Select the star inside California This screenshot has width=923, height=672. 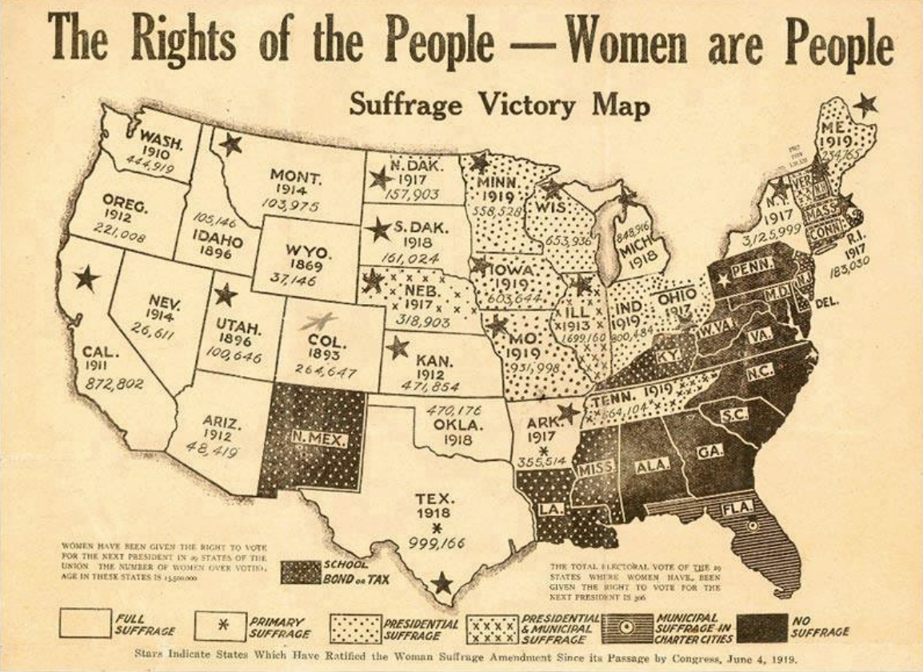(86, 278)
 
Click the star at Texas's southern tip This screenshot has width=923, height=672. (442, 583)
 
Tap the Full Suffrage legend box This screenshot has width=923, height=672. (85, 624)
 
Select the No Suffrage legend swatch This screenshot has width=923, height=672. (760, 626)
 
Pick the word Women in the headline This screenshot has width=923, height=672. (626, 42)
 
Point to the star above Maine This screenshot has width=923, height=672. (865, 104)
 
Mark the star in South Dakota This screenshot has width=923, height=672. (378, 230)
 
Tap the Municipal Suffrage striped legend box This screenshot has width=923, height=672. (625, 626)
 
